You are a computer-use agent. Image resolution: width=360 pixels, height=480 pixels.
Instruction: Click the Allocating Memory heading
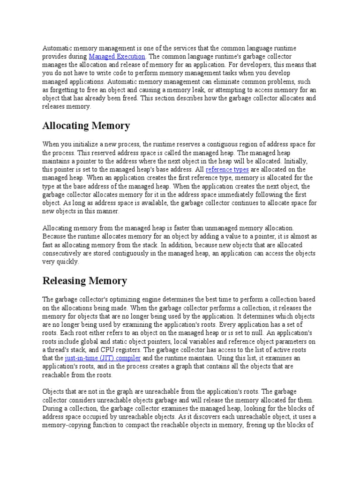(x=86, y=126)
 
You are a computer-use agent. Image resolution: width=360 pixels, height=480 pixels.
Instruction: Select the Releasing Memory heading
(x=85, y=281)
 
